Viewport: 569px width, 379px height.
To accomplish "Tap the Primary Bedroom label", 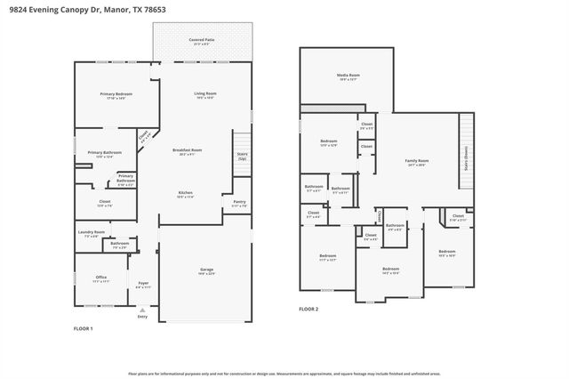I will pos(116,94).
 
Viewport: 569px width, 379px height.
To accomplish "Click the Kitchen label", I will pos(186,193).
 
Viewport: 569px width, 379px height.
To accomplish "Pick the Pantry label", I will pos(239,203).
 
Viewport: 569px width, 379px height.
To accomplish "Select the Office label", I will pos(101,278).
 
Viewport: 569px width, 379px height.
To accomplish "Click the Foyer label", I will pos(142,285).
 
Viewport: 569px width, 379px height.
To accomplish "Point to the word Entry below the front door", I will pos(142,316).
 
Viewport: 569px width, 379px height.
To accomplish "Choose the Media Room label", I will pos(348,77).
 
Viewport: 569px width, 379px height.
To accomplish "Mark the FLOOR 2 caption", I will pos(308,309).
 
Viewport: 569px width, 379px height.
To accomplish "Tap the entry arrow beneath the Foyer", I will pos(142,307).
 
